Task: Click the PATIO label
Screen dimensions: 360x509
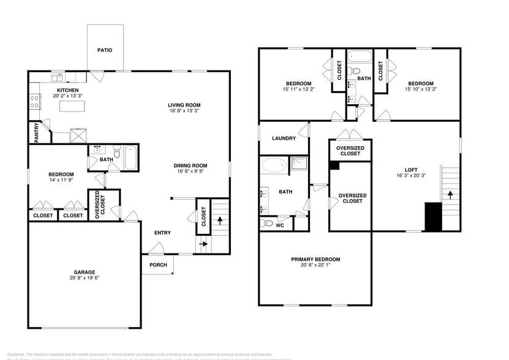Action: (105, 50)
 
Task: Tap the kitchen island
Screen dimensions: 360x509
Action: (71, 107)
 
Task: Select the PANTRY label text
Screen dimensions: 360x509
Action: (37, 132)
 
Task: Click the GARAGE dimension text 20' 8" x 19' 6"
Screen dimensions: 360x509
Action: (85, 279)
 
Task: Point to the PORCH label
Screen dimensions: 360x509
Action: (158, 264)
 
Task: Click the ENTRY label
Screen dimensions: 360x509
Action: (162, 233)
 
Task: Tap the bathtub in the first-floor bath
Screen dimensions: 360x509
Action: (131, 158)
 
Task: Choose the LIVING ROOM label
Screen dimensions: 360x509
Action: (184, 105)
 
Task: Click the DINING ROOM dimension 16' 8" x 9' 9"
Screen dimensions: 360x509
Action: (190, 172)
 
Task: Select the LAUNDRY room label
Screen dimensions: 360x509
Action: (284, 138)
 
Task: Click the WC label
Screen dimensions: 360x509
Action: (280, 225)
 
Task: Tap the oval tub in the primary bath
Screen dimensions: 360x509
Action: (273, 166)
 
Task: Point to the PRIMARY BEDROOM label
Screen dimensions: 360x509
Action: (315, 260)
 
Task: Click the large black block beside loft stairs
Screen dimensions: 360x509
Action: (433, 217)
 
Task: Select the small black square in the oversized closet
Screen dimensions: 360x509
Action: (334, 165)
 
